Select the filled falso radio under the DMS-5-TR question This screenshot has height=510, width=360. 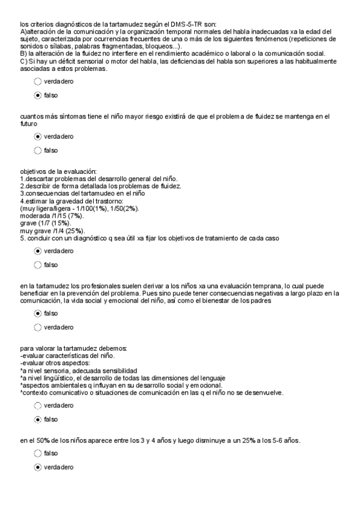point(38,95)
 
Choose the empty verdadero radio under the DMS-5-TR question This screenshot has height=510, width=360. point(38,81)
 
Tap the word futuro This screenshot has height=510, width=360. point(29,123)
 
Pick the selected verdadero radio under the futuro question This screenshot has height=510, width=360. point(38,137)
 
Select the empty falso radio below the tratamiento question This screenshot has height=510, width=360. point(38,265)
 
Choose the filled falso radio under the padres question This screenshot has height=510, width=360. point(38,313)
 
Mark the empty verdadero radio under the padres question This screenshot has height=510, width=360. point(38,327)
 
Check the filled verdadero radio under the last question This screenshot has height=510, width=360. point(38,467)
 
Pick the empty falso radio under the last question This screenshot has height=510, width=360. point(38,453)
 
